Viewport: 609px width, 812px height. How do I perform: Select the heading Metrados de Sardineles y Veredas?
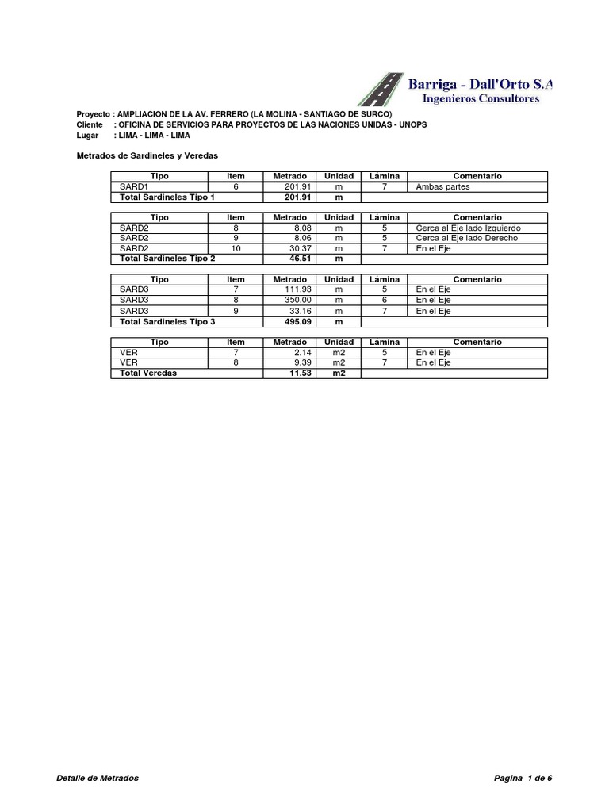[147, 156]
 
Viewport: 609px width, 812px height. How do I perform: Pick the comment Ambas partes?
[442, 186]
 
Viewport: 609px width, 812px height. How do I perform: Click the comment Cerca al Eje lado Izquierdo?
[468, 228]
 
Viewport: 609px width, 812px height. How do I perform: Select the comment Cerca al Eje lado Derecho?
[466, 238]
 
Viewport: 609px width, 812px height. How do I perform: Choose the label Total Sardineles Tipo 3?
[167, 321]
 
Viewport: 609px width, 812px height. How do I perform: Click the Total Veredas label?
[148, 373]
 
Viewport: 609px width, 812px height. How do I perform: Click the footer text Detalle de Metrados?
[98, 779]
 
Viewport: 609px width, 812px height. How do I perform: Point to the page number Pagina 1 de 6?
[523, 779]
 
